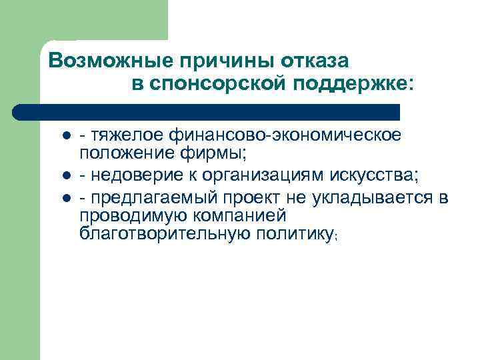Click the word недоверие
137,175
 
